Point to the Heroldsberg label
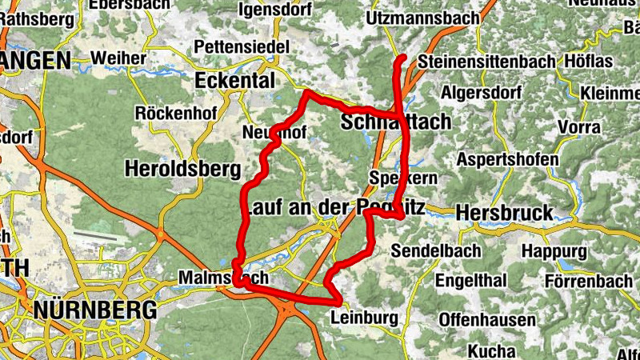tap(182, 169)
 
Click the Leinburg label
tap(363, 318)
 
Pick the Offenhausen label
tap(486, 321)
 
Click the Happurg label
tap(554, 250)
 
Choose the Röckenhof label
tap(176, 113)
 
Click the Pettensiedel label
tap(241, 47)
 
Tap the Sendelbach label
tap(437, 250)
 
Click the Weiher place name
tap(118, 58)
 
